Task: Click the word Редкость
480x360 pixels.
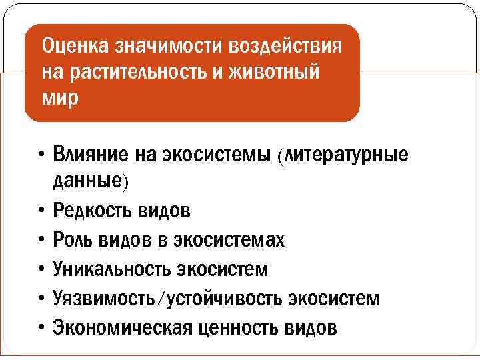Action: tap(93, 211)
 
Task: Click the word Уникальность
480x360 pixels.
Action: tap(111, 269)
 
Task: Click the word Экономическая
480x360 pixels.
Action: tap(119, 328)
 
